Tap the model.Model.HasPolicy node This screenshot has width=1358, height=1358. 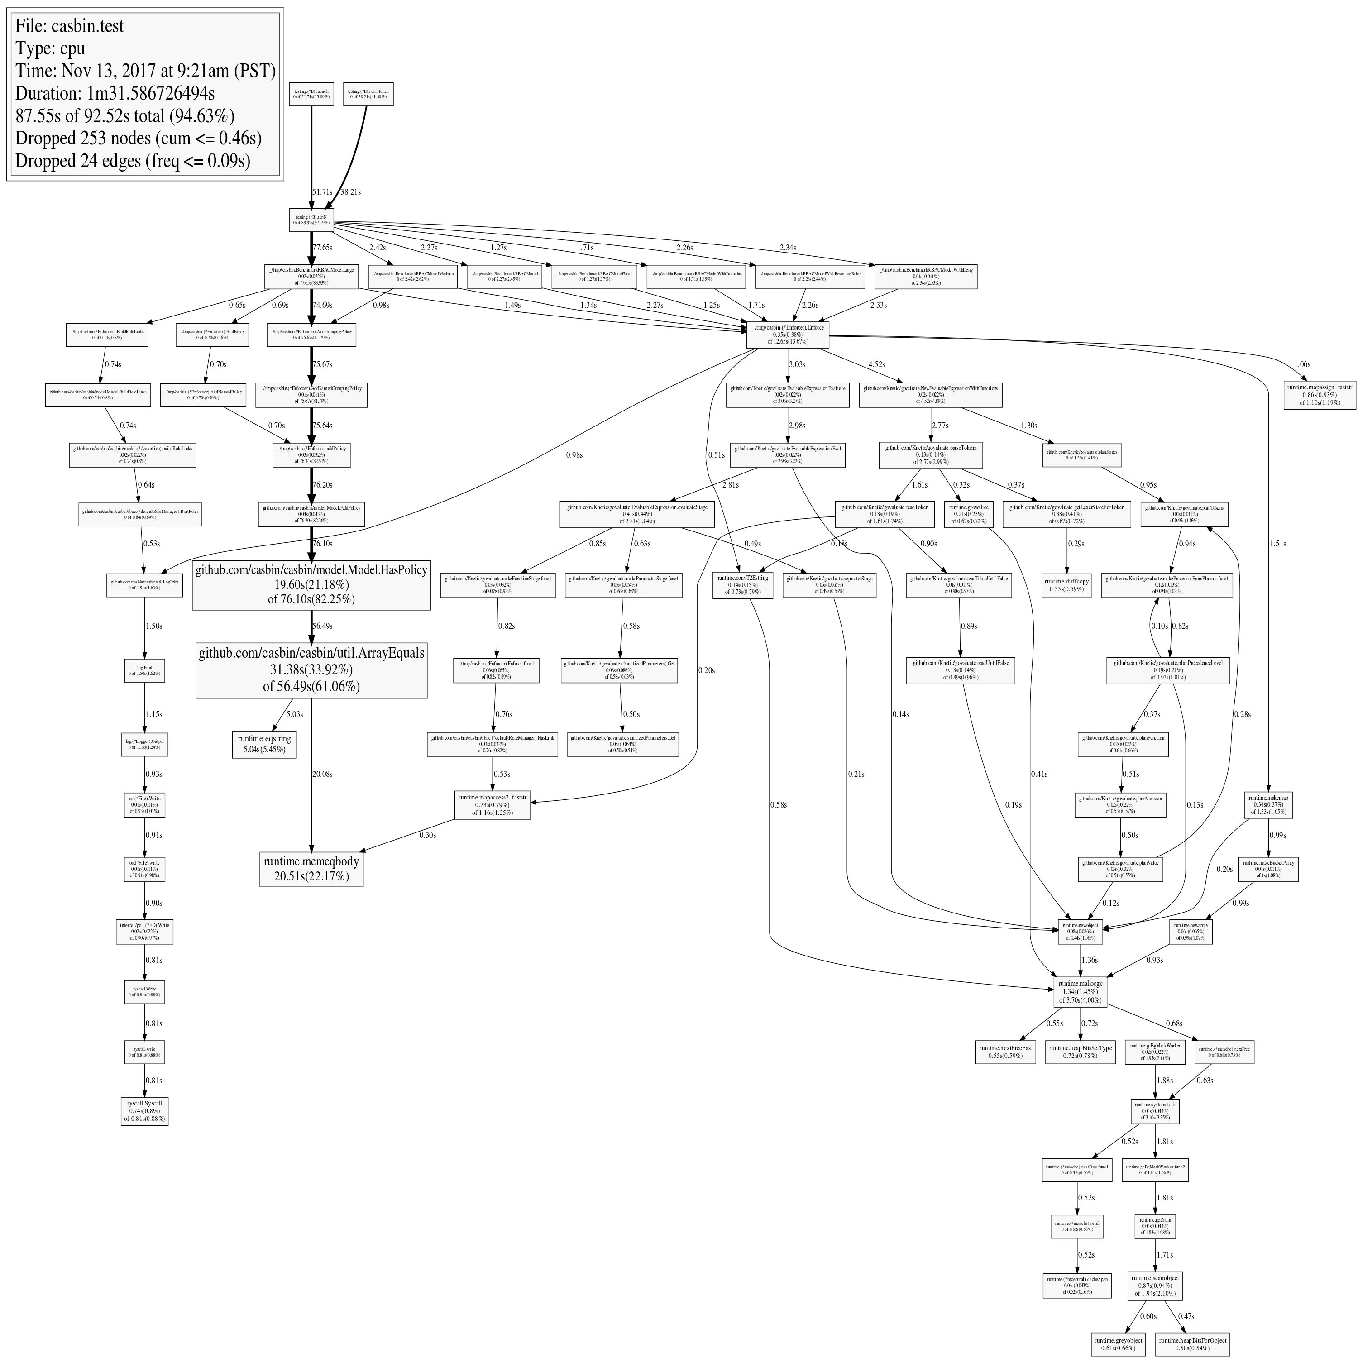(311, 584)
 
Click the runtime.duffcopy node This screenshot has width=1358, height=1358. (1066, 585)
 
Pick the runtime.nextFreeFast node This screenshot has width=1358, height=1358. (1005, 1052)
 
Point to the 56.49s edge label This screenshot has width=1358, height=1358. (322, 626)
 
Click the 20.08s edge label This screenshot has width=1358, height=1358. (322, 774)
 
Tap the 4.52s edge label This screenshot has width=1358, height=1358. (876, 364)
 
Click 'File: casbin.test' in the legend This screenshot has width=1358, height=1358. (70, 26)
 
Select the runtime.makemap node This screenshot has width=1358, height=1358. (1269, 804)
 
